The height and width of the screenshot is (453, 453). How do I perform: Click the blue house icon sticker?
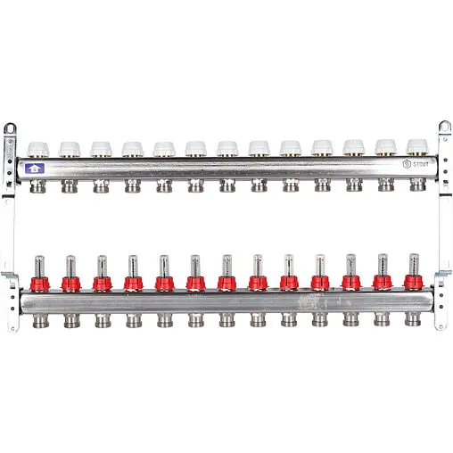35,169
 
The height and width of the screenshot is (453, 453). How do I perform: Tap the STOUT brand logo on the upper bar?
416,164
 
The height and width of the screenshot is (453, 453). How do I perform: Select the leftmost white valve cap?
38,149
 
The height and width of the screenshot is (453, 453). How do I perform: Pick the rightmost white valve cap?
417,147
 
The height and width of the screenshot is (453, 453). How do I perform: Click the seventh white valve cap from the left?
227,148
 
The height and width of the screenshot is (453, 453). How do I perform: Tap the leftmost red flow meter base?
40,284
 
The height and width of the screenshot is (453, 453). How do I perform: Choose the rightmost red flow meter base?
414,282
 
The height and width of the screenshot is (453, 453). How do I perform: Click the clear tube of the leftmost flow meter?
39,267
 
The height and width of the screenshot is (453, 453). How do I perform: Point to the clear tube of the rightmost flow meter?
414,265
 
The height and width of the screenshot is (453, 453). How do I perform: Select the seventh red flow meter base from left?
226,283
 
